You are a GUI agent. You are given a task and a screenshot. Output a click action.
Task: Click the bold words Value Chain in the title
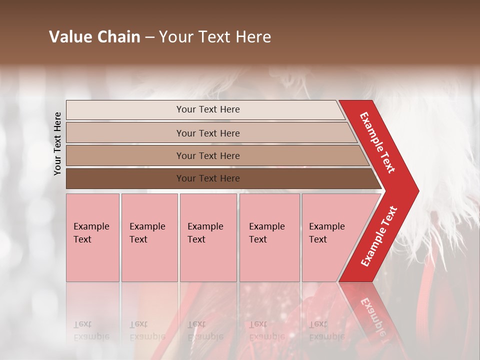94,37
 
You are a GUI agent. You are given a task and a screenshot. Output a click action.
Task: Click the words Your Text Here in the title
215,37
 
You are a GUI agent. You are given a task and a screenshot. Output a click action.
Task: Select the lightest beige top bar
125,110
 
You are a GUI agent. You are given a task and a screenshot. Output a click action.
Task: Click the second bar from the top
125,133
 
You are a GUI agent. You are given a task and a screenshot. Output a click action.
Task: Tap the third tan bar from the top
125,155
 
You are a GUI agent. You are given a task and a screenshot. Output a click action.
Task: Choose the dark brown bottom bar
125,178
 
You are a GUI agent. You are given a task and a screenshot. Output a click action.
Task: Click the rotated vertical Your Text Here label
57,143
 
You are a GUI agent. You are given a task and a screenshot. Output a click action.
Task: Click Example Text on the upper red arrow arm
377,142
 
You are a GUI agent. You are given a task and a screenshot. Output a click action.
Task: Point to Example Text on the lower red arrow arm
379,236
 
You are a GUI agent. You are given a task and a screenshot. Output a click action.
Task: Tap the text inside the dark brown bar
208,178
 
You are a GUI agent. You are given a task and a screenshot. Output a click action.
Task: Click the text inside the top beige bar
208,109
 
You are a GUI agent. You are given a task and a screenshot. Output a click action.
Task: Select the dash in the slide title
149,37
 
